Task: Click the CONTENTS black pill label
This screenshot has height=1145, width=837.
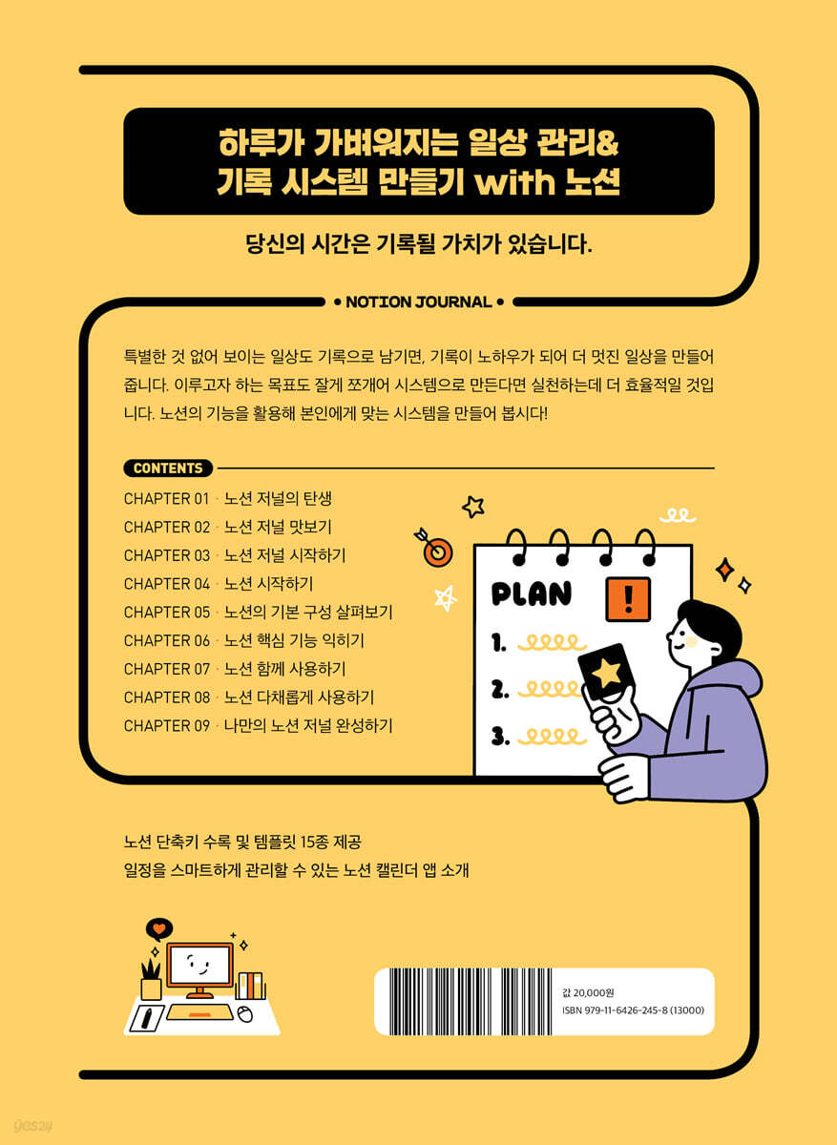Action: [x=168, y=468]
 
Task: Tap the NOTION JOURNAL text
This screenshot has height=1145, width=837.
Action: [x=418, y=302]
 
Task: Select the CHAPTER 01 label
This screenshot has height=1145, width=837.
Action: [x=167, y=499]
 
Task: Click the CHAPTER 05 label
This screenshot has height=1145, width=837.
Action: [x=167, y=613]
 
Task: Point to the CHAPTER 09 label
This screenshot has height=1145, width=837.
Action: [x=167, y=726]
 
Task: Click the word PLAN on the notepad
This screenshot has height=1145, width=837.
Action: [x=531, y=593]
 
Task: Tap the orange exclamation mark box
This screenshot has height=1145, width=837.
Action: [x=628, y=599]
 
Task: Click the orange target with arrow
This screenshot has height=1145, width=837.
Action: [x=434, y=548]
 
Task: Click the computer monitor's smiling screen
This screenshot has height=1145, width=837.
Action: [x=199, y=966]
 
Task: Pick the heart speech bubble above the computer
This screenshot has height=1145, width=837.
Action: [x=159, y=928]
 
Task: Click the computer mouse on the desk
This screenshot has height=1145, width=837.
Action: [x=246, y=1012]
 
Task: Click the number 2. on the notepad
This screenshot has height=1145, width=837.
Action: [x=499, y=690]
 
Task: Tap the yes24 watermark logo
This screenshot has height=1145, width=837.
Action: [x=33, y=1125]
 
